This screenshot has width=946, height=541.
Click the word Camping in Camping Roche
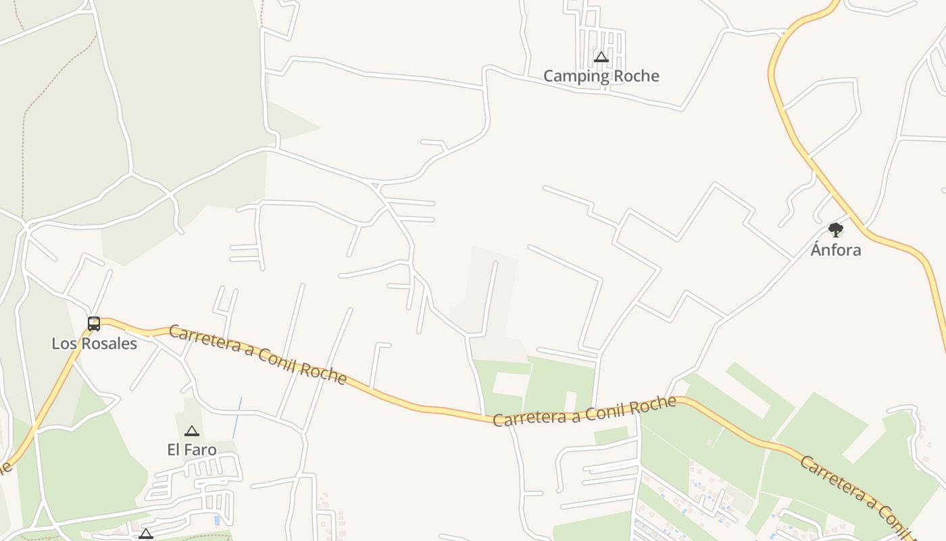pos(576,76)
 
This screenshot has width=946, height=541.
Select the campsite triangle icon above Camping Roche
pos(601,57)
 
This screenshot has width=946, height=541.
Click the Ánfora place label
pos(836,250)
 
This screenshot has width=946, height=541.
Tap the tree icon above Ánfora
pos(836,230)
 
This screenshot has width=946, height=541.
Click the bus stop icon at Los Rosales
pos(94,324)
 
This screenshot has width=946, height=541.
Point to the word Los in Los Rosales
pos(63,344)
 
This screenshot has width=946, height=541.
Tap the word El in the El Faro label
pos(174,450)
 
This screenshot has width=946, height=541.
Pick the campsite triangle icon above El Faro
pos(192,431)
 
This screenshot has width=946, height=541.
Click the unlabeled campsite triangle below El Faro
pos(145,534)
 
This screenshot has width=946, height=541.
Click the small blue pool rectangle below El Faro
pos(216,521)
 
